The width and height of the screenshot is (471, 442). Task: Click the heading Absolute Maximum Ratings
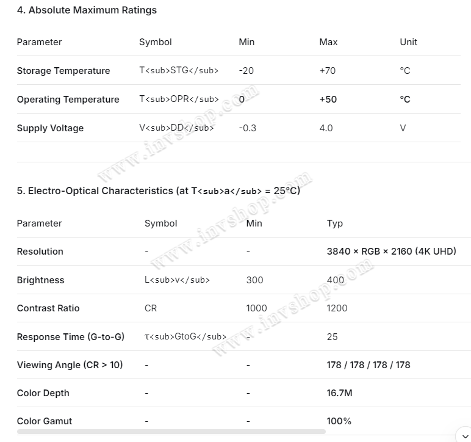click(x=87, y=10)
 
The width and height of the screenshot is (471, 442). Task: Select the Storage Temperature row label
click(x=63, y=71)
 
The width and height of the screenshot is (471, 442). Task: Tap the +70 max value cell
click(x=328, y=71)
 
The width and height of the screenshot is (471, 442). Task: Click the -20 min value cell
click(x=246, y=71)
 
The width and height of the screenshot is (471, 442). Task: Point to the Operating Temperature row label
click(x=68, y=100)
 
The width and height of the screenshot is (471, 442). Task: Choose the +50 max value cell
click(x=328, y=100)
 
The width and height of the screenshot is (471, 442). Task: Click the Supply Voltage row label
click(x=50, y=128)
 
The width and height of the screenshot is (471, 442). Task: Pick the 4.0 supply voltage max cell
click(x=326, y=128)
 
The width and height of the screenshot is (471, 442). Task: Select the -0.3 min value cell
click(x=248, y=128)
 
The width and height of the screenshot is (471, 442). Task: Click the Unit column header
click(x=408, y=42)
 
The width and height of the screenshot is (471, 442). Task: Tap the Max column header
click(x=328, y=42)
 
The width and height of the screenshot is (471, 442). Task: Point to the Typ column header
click(x=335, y=223)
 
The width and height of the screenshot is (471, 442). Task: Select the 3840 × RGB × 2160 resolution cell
click(x=391, y=252)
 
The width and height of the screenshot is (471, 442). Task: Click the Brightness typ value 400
click(x=336, y=280)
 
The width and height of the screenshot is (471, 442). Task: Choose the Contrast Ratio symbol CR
click(x=151, y=308)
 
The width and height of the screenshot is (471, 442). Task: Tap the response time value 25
click(x=333, y=337)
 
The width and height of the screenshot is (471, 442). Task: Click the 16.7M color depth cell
click(x=339, y=393)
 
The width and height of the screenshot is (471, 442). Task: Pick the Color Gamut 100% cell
click(x=339, y=421)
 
